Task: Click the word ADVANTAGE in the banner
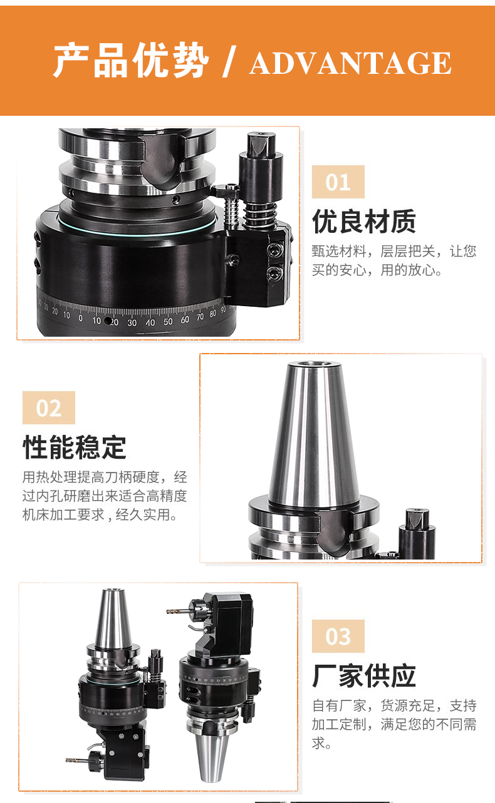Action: [350, 63]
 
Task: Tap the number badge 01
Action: [338, 182]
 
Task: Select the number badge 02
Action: [49, 407]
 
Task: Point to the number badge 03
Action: [338, 636]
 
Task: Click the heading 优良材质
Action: [364, 222]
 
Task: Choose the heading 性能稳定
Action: [75, 447]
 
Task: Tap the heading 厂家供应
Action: [364, 676]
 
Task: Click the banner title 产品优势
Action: [131, 60]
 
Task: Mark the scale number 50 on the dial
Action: [168, 322]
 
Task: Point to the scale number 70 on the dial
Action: [200, 317]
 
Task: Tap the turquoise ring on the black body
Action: [138, 230]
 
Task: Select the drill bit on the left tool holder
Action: [77, 757]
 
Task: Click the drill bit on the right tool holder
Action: [178, 611]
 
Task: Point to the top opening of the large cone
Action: [314, 364]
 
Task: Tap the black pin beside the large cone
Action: [417, 534]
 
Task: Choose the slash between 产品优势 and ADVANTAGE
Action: [229, 61]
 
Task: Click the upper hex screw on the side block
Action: [275, 250]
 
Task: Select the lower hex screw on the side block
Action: [274, 273]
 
